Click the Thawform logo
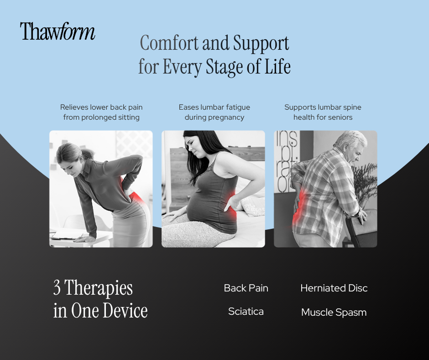point(58,32)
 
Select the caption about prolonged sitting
point(101,112)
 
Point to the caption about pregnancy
point(214,112)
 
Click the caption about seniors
point(323,112)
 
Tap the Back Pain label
point(246,288)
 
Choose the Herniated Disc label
point(334,288)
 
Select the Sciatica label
point(246,312)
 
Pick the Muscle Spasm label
point(334,313)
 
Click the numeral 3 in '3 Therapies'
point(57,288)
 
